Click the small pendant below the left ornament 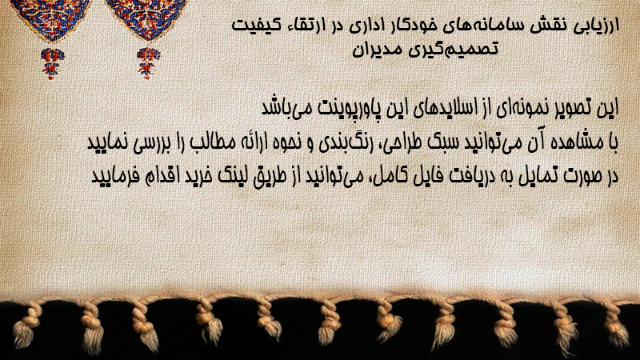pyautogui.click(x=52, y=63)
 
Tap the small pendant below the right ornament pyautogui.click(x=148, y=63)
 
